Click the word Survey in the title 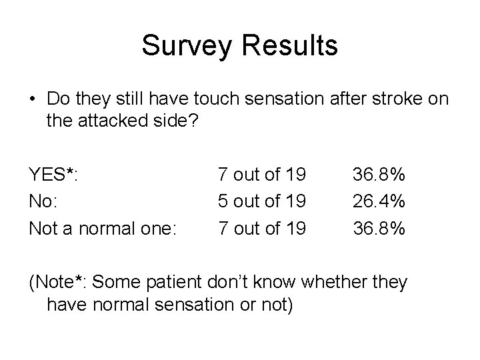click(184, 47)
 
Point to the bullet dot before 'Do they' click(33, 99)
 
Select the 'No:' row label click(44, 201)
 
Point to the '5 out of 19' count click(261, 201)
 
